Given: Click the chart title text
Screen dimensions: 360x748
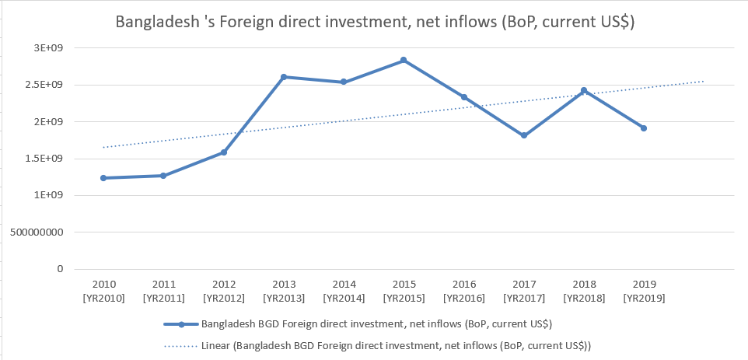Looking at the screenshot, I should point(375,23).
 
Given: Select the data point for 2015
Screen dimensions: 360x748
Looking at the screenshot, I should point(404,60).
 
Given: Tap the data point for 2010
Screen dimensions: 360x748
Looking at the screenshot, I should point(103,178).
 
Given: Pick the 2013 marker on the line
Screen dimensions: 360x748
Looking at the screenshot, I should point(283,77).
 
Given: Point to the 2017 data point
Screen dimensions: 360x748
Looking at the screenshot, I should point(524,135).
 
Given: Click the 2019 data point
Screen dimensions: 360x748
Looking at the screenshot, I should point(644,128).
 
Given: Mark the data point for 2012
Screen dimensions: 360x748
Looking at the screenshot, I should point(223,152).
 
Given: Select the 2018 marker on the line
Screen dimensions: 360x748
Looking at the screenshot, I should point(584,91).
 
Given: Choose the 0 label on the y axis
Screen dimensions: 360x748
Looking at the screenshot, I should point(59,269).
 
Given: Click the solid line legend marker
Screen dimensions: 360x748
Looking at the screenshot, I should point(180,324).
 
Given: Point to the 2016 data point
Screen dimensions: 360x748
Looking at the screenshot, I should point(464,97).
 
